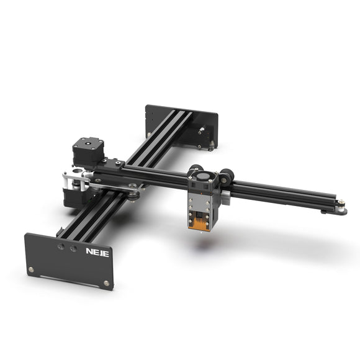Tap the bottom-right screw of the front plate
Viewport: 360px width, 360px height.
pos(106,283)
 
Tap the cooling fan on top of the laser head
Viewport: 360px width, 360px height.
pos(202,179)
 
